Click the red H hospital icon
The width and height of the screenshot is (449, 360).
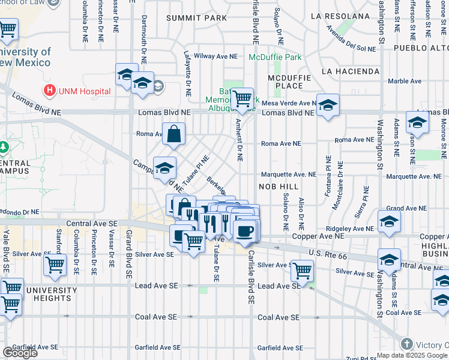click(50, 91)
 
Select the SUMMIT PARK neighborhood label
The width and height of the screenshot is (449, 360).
click(197, 19)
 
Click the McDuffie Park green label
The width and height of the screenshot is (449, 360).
click(276, 58)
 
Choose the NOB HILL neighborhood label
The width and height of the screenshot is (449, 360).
click(278, 187)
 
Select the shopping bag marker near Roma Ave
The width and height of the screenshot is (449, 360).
click(173, 136)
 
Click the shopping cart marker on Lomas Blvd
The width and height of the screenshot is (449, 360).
click(242, 99)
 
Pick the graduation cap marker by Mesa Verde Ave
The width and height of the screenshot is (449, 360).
click(328, 106)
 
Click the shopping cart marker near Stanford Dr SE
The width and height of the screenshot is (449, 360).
click(55, 264)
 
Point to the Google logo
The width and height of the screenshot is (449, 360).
click(20, 352)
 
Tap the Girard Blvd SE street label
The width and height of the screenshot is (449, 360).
click(128, 255)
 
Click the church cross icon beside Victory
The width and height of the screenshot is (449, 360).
click(406, 344)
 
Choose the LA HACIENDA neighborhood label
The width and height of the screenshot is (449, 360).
click(350, 71)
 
